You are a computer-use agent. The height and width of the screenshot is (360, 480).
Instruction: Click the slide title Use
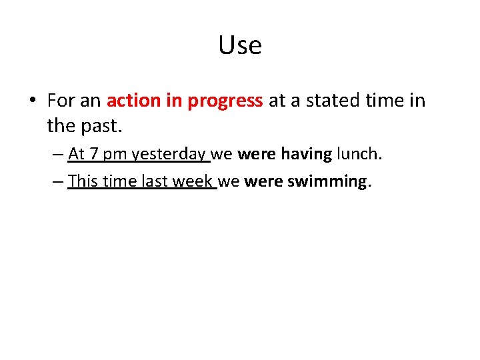(x=240, y=45)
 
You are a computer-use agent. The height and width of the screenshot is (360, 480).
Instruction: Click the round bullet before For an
(x=32, y=101)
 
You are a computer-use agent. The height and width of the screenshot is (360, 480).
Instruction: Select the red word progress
(x=225, y=101)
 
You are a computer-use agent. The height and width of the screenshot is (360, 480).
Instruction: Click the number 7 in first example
(x=93, y=154)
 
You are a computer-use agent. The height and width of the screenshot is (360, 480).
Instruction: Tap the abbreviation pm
(x=115, y=155)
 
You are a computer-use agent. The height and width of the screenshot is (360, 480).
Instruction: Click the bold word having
(x=306, y=155)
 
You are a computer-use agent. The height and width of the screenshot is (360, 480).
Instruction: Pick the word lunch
(x=359, y=154)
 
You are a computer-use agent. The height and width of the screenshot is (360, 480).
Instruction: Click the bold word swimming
(x=327, y=181)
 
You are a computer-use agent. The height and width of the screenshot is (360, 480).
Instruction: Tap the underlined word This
(x=83, y=181)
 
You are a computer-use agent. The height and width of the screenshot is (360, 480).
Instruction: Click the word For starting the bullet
(x=61, y=101)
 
